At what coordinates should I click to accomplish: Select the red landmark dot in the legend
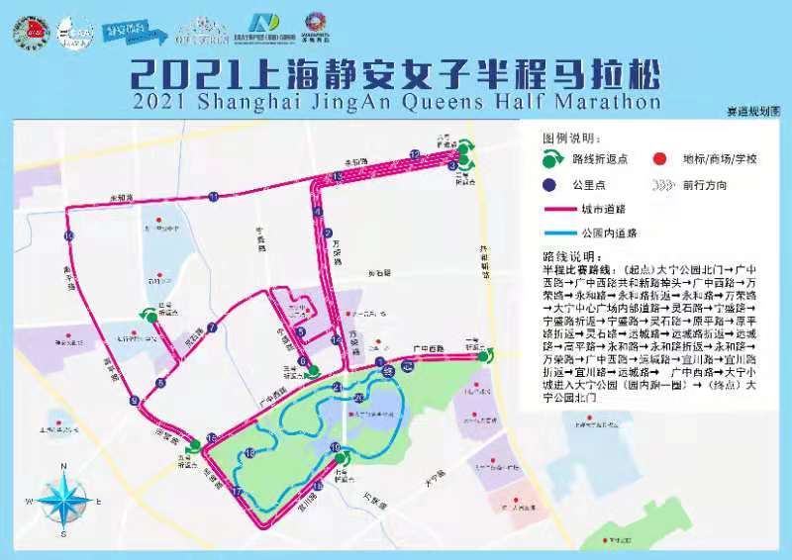pos(659,158)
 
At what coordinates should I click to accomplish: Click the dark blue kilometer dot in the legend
pos(549,184)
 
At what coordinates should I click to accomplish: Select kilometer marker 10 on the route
pos(68,236)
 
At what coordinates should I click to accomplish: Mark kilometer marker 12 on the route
pos(415,153)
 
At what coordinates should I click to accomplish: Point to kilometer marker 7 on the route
pos(211,328)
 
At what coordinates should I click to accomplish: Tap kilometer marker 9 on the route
pos(134,401)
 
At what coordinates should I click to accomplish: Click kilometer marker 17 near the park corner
pos(237,492)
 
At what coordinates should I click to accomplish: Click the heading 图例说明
pos(571,137)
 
